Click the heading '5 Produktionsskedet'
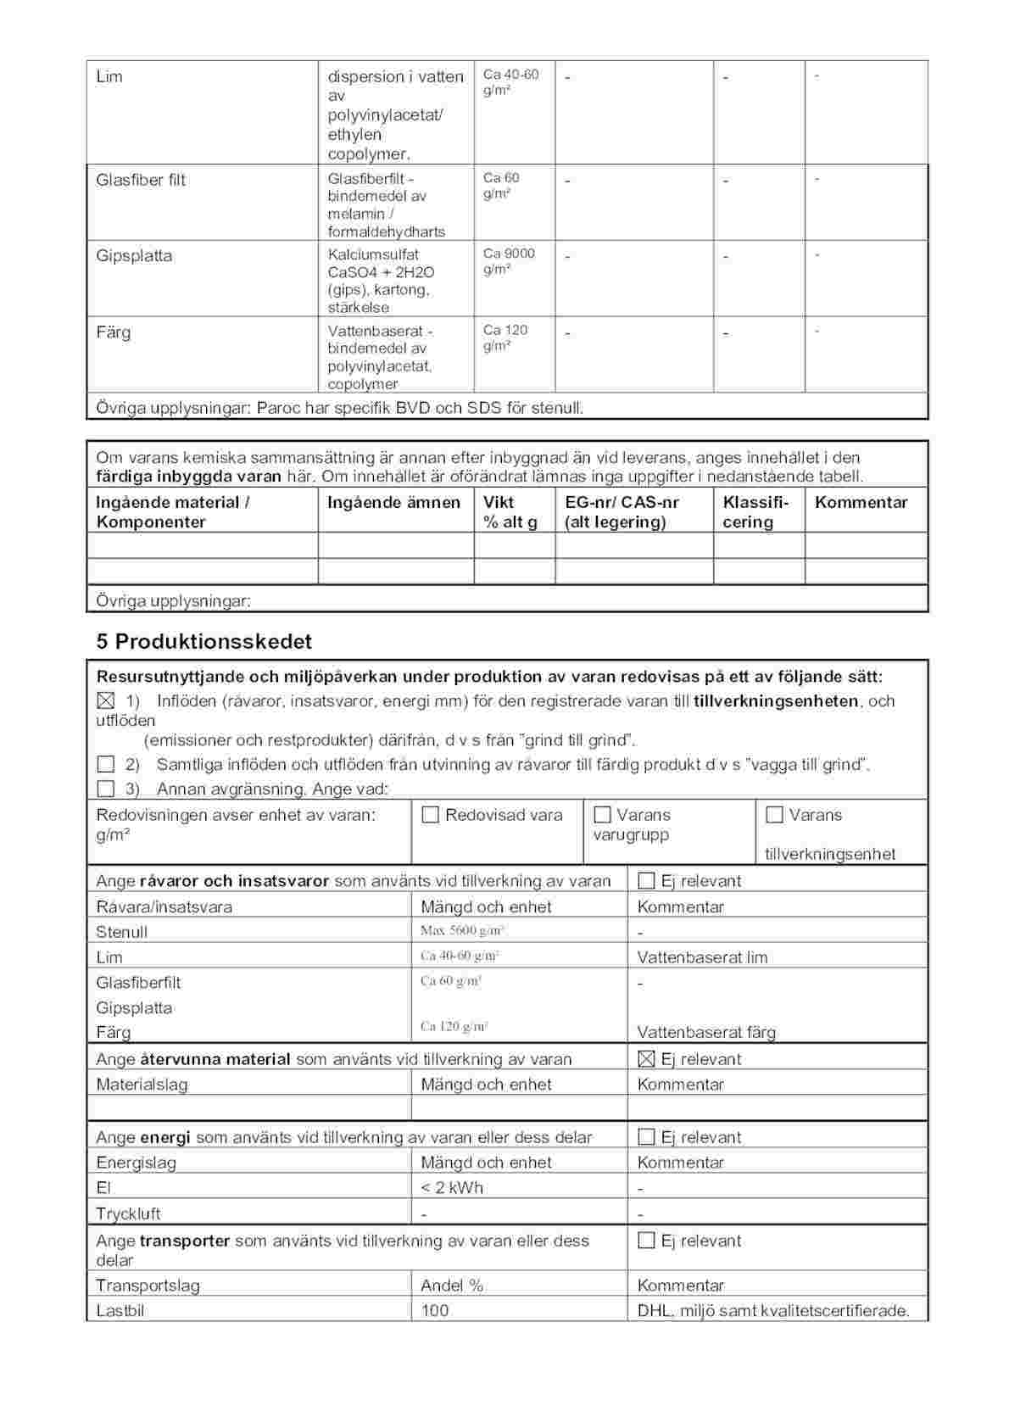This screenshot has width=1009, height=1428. [x=203, y=641]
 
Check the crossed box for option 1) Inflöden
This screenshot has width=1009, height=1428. [x=105, y=701]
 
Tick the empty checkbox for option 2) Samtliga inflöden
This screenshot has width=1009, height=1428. [x=105, y=765]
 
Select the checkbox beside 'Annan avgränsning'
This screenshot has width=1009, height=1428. [x=105, y=789]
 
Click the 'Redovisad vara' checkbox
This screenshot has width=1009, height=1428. [x=431, y=815]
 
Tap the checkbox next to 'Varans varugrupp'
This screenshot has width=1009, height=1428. [x=603, y=815]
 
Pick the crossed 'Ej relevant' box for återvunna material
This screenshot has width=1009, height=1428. [x=646, y=1058]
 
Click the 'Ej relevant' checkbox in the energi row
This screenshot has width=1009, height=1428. [x=646, y=1137]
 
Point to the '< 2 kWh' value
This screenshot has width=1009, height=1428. [x=452, y=1187]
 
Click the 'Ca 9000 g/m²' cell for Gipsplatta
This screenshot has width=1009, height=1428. [x=509, y=261]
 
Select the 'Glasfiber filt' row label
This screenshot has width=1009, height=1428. [x=141, y=180]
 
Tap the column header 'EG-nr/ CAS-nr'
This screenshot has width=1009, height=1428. [x=622, y=502]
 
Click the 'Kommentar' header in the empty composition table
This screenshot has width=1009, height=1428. [x=861, y=502]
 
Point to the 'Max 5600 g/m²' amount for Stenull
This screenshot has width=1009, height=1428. [x=463, y=931]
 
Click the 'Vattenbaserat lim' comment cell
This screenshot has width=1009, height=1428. [x=702, y=957]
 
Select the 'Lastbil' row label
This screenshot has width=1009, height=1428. [x=120, y=1310]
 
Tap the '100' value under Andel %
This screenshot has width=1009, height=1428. [x=435, y=1310]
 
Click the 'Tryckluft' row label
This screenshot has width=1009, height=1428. [x=128, y=1213]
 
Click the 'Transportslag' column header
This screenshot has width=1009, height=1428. [x=148, y=1286]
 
